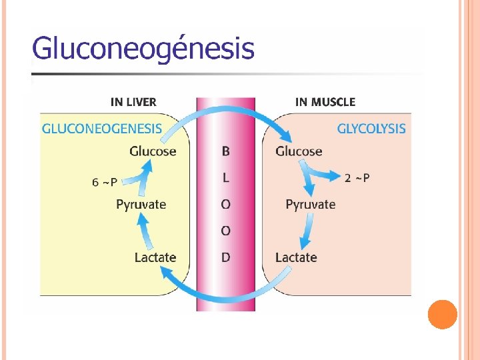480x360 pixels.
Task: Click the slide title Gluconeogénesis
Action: coord(143,49)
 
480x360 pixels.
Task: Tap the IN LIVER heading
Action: coord(133,102)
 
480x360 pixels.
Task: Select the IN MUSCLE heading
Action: coord(325,102)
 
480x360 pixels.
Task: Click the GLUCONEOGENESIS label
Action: coord(102,128)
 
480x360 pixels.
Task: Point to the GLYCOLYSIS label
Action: coord(371,128)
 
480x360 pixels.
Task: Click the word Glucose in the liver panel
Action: coord(153,151)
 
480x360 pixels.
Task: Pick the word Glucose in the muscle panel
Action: coord(299,151)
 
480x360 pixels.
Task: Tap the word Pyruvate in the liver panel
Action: coord(141,204)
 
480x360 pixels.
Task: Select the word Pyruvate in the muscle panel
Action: coord(311,204)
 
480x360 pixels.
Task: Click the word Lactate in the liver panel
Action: coord(155,257)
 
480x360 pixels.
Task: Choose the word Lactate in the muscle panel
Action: coord(296,257)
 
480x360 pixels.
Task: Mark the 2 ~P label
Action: coord(357,177)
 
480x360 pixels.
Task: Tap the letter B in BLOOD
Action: coord(225,151)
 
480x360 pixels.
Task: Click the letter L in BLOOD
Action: coord(225,178)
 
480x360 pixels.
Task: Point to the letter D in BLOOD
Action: coord(225,257)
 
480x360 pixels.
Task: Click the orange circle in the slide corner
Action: coord(442,315)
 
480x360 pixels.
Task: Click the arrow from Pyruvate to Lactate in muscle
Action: coord(306,232)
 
